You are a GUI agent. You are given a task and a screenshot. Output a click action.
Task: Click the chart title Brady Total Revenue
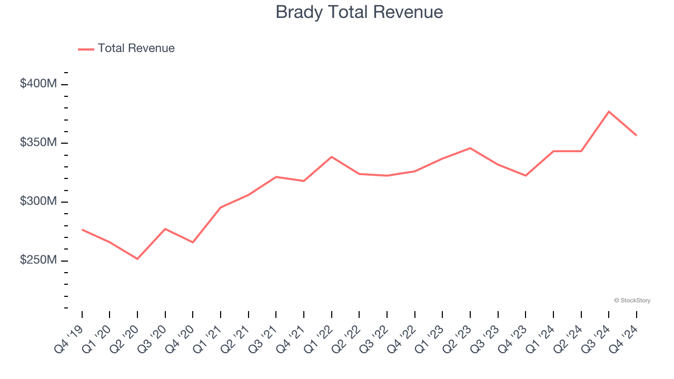359,12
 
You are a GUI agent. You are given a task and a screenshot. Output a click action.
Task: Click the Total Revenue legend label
136,48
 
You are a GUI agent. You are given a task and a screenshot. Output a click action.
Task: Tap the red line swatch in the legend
86,49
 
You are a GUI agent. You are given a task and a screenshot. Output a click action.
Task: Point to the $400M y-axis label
38,84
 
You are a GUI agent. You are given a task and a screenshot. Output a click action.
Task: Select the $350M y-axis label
38,143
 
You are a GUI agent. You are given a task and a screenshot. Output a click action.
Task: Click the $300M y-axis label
38,202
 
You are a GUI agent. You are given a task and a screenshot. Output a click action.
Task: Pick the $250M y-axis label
38,261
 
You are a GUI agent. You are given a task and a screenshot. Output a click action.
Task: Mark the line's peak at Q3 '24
609,112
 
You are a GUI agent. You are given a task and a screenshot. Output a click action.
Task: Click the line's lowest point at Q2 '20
137,259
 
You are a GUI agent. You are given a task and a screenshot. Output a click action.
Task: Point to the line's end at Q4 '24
636,135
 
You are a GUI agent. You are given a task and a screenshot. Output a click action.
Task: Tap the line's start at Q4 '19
82,230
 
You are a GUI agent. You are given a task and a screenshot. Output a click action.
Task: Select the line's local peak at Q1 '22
331,157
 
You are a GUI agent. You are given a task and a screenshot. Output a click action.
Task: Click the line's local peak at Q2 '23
470,148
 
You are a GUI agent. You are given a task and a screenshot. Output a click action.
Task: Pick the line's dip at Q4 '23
526,175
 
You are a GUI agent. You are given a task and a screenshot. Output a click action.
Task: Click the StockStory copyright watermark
632,301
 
